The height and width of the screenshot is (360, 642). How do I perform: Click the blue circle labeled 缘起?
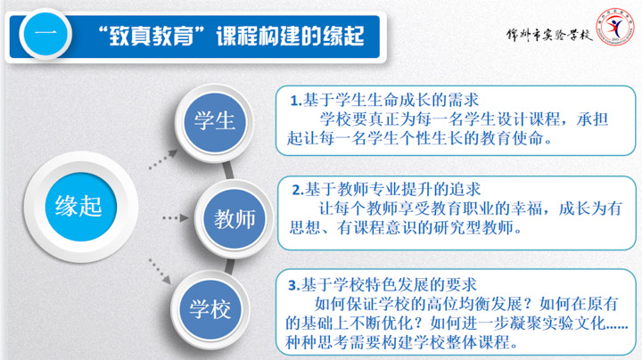80,207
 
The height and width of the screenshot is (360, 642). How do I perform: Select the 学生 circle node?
215,122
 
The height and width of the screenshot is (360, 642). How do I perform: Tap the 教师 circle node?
235,219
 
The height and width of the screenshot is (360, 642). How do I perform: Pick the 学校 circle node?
210,309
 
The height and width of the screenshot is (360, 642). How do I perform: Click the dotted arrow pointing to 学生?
163,160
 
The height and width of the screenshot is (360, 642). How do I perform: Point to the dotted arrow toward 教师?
176,218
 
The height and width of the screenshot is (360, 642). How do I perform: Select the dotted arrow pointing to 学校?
160,271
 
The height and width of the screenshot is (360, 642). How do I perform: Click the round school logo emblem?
614,27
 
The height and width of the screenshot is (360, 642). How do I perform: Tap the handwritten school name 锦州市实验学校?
549,35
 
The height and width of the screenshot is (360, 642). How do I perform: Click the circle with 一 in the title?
45,35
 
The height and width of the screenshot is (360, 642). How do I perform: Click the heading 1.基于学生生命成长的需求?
384,100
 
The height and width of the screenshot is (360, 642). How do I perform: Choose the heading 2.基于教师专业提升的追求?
386,190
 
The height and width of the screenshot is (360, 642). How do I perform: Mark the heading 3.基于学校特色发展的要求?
383,285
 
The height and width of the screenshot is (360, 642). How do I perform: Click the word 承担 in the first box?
592,119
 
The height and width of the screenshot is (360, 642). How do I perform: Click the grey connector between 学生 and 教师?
228,170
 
